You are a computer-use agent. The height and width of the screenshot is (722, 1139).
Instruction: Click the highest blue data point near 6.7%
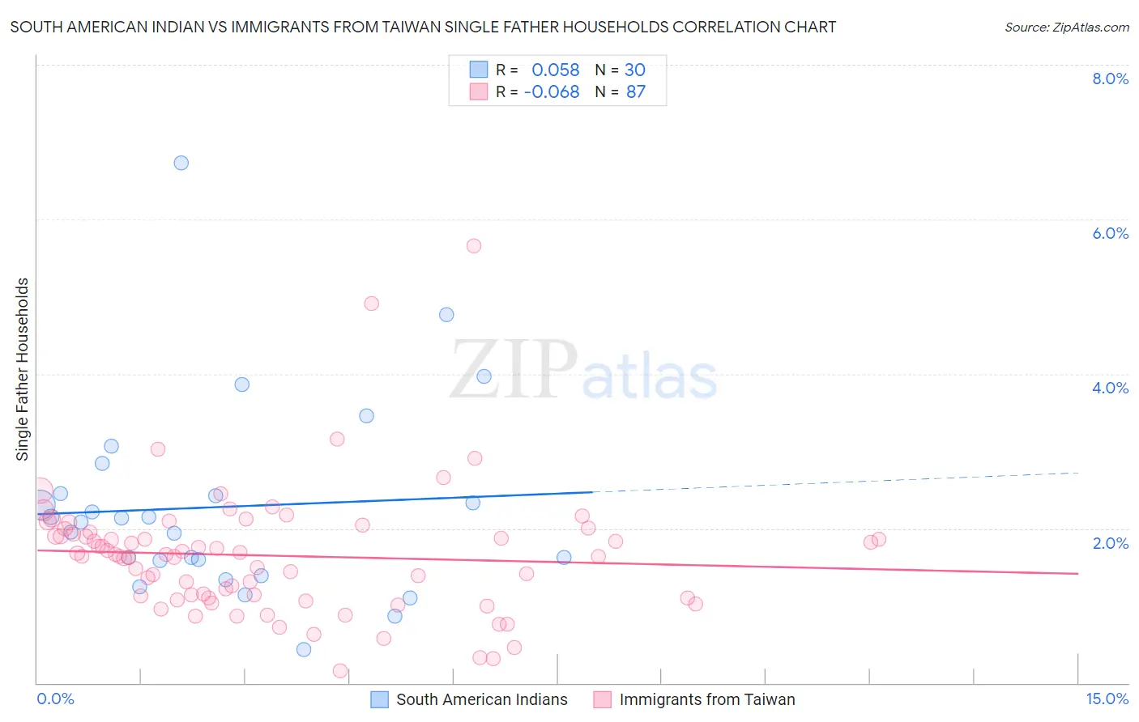(181, 163)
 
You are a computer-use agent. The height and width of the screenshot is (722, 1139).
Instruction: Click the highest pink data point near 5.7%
(474, 246)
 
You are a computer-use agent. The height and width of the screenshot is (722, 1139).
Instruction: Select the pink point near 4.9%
(372, 304)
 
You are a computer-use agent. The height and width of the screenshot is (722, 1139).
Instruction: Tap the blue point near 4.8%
(446, 315)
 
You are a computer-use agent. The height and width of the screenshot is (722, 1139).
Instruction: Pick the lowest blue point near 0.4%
(304, 649)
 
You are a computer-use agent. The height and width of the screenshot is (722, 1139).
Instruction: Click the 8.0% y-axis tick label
(1110, 79)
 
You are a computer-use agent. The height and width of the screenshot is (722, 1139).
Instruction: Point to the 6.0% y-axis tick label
(1110, 233)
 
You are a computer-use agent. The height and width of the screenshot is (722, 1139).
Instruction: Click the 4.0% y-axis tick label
(1110, 388)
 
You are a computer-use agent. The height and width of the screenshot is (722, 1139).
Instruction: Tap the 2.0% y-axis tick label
(1110, 543)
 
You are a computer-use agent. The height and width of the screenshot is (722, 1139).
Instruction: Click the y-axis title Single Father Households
(23, 369)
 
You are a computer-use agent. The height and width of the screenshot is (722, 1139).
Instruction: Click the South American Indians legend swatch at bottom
(379, 699)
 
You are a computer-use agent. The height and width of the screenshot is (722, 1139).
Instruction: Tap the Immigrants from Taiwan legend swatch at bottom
(602, 699)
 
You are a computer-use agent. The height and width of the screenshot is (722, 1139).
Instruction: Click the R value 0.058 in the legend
(556, 70)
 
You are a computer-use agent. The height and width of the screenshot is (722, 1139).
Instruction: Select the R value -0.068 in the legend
(552, 92)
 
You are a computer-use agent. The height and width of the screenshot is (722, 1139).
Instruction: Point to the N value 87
(636, 92)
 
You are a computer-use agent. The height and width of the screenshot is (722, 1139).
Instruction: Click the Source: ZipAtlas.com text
(1066, 28)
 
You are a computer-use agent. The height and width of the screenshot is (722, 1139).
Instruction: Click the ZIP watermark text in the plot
(514, 369)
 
